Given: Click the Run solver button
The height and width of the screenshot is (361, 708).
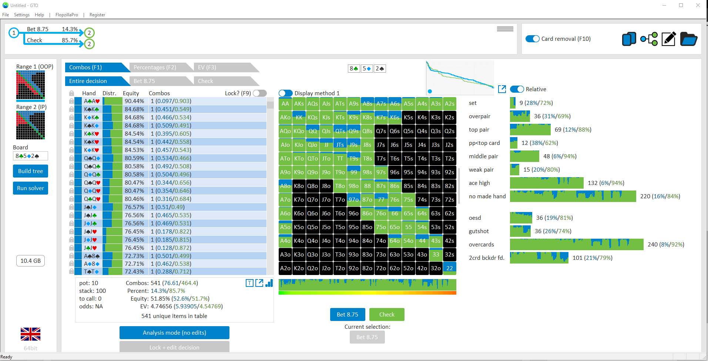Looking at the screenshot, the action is tap(30, 188).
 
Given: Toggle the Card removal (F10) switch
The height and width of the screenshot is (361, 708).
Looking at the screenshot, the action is tap(533, 39).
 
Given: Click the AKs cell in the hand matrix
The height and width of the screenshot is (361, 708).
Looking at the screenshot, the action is tap(299, 104).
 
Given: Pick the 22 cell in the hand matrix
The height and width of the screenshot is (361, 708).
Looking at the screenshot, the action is tap(449, 268).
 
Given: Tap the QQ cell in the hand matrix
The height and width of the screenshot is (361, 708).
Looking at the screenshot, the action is tap(313, 131).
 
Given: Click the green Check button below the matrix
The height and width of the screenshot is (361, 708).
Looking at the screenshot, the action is tap(387, 314).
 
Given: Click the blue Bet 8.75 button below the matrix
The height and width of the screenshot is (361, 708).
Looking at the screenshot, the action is tap(348, 314).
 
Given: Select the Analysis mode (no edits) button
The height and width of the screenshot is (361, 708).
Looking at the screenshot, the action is tap(174, 332).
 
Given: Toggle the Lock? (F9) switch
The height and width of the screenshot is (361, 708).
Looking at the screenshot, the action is tap(260, 93).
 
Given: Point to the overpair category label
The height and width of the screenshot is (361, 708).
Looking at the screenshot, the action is tap(479, 116).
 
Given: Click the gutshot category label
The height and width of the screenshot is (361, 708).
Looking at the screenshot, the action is tap(479, 231).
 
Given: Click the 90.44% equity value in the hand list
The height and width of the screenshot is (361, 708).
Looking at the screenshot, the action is tap(134, 101).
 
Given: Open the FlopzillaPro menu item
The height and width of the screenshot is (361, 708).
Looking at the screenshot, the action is tap(67, 15).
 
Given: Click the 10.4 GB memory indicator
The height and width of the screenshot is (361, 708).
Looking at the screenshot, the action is tap(30, 261).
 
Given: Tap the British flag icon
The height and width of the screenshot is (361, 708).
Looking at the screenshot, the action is tap(30, 334).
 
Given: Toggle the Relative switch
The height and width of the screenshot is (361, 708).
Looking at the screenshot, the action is tap(517, 89).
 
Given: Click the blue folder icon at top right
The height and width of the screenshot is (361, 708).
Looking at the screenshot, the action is tap(688, 39).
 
